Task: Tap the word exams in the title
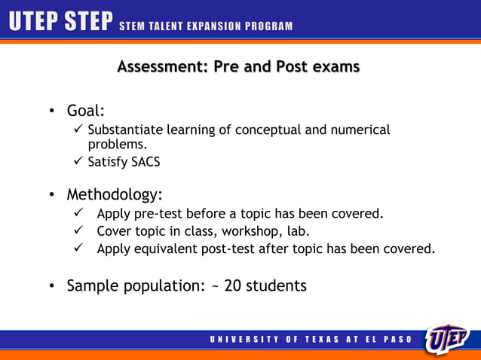332,67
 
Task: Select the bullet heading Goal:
85,111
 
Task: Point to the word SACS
146,161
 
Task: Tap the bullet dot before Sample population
51,286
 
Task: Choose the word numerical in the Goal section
360,130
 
